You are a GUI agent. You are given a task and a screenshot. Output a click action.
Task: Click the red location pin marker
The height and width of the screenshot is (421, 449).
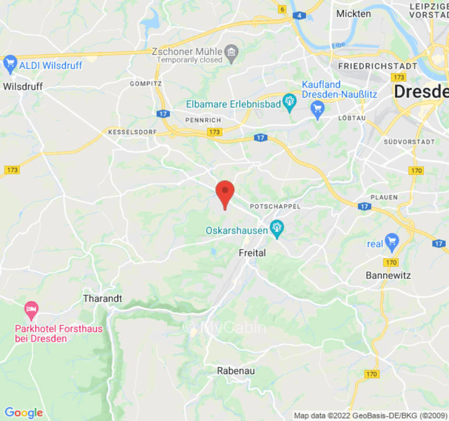coord(225,193)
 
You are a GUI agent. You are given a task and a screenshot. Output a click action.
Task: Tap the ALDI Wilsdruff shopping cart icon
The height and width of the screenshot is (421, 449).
coord(10,65)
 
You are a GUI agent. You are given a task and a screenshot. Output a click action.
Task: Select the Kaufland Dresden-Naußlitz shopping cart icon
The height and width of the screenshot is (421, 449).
coord(317,109)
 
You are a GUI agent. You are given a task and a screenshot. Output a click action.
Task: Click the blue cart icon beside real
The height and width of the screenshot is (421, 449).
coord(391,242)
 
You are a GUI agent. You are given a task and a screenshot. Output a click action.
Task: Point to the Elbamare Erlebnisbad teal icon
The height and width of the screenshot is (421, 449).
coord(289,102)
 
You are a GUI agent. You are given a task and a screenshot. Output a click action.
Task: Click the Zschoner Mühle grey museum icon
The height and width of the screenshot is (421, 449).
coord(231,52)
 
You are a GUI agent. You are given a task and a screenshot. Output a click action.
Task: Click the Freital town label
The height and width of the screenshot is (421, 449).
coord(252,253)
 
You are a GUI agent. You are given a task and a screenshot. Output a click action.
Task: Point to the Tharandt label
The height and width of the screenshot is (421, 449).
coord(103,298)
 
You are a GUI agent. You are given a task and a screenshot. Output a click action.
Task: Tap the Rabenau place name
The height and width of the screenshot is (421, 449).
coord(236,371)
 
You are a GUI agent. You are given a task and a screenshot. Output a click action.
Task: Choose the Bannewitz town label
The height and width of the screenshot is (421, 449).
coord(388,275)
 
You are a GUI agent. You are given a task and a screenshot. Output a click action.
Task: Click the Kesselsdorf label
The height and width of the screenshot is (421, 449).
coord(132,132)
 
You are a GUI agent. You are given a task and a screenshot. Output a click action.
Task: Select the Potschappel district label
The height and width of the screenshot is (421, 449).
coord(275,206)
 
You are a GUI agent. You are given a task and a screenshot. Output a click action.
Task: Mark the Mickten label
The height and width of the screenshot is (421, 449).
coord(354,13)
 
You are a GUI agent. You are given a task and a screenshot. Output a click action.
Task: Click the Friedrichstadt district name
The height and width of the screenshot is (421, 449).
coord(377,66)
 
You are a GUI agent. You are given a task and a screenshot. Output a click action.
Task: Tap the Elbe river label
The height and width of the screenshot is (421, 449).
coord(338,46)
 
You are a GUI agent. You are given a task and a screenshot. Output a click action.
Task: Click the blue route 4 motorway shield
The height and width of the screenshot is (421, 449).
coord(300,15)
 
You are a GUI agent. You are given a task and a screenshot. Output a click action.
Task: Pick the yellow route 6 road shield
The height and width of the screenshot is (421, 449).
coord(283,9)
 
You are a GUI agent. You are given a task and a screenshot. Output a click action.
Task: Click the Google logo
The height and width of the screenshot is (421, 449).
coord(23,413)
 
